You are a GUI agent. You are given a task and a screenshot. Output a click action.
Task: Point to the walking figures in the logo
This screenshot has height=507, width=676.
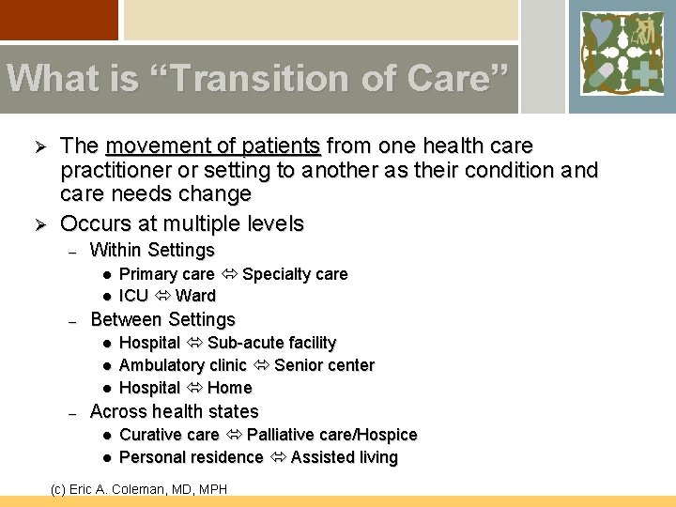[643, 32]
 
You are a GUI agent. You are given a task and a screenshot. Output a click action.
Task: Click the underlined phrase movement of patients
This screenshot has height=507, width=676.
[214, 146]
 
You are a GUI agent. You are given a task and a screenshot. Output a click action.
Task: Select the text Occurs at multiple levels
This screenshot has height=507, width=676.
[182, 223]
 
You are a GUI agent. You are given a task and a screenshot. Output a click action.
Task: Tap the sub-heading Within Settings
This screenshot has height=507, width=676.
[152, 251]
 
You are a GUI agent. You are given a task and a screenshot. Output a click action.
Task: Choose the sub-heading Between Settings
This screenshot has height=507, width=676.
[162, 320]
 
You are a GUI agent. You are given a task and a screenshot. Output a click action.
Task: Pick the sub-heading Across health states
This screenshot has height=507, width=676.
[174, 411]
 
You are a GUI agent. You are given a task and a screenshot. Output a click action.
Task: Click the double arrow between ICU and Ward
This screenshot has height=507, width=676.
[161, 296]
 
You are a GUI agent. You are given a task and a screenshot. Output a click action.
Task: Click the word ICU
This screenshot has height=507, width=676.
[133, 296]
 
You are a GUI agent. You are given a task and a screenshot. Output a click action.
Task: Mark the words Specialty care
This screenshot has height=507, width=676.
[295, 274]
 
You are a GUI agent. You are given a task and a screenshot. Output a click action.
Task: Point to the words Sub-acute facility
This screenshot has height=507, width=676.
[271, 343]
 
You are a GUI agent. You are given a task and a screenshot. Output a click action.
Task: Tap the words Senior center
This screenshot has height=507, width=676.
[324, 365]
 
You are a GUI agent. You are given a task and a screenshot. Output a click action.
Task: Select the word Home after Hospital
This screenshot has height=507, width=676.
[230, 388]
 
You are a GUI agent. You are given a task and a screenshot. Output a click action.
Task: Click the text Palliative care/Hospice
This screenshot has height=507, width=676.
[331, 435]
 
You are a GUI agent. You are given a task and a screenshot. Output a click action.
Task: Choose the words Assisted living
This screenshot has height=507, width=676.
[344, 457]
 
